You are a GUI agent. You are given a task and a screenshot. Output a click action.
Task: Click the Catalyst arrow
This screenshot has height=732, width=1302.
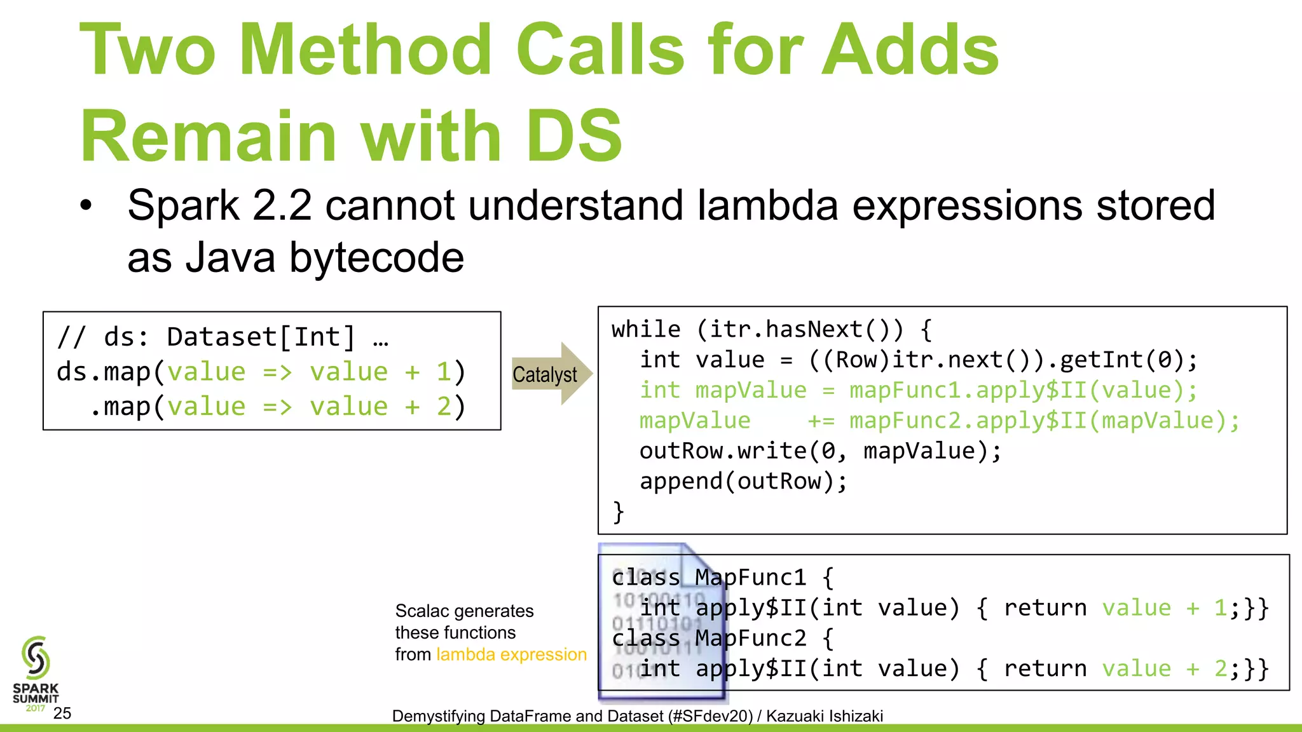pyautogui.click(x=551, y=374)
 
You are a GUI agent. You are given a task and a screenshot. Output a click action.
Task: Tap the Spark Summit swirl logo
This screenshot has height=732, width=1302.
pyautogui.click(x=36, y=658)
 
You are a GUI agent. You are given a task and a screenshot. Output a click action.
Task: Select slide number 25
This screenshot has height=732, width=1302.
pyautogui.click(x=62, y=713)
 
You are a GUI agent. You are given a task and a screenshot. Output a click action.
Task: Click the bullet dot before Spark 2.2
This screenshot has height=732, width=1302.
pyautogui.click(x=86, y=206)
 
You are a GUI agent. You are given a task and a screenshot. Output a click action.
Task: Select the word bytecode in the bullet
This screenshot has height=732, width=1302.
pyautogui.click(x=376, y=257)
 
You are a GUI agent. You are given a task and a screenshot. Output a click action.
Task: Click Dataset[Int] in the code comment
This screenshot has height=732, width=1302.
pyautogui.click(x=261, y=337)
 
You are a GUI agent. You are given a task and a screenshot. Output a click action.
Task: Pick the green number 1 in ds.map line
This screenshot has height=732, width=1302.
pyautogui.click(x=443, y=372)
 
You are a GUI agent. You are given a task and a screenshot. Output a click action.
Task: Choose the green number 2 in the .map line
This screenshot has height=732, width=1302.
pyautogui.click(x=444, y=407)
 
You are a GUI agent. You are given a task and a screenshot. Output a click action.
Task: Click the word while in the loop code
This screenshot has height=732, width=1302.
pyautogui.click(x=646, y=329)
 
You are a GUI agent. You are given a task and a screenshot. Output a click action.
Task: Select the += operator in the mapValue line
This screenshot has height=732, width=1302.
pyautogui.click(x=821, y=421)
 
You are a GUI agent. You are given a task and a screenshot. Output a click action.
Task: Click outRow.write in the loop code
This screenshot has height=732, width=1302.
pyautogui.click(x=723, y=451)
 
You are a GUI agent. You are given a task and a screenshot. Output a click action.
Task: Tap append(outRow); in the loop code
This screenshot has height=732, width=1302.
pyautogui.click(x=743, y=481)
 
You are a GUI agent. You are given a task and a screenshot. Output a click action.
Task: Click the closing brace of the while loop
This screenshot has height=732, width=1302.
pyautogui.click(x=618, y=512)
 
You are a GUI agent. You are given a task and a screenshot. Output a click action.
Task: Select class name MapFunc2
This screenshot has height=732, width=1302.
pyautogui.click(x=750, y=638)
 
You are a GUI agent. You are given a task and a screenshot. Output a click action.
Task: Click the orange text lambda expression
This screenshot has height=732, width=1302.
pyautogui.click(x=511, y=654)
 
